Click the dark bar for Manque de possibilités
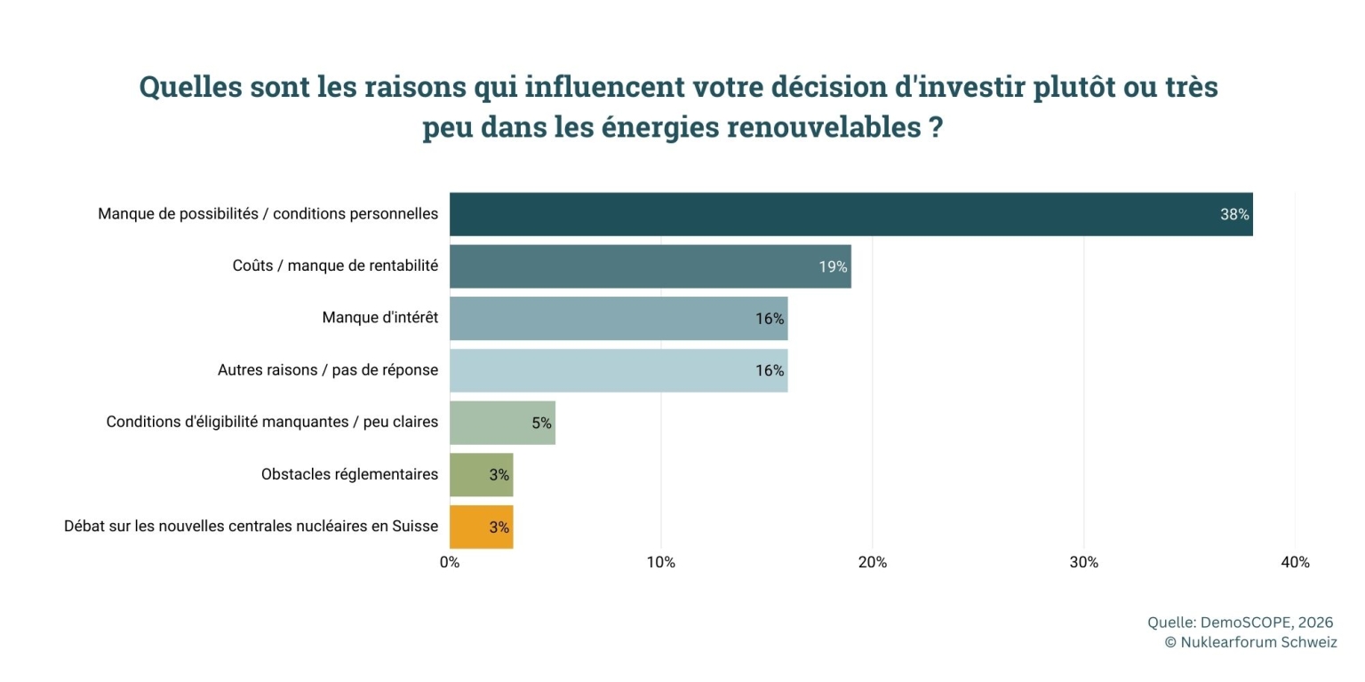point(850,214)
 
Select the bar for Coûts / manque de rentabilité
point(650,266)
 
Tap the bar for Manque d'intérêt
point(618,318)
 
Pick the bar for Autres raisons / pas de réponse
point(618,370)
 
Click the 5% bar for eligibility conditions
point(502,423)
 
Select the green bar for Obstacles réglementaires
point(481,474)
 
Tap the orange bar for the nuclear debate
point(481,527)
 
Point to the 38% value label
point(1234,214)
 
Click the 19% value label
point(833,266)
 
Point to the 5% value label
point(541,423)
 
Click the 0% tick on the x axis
point(450,562)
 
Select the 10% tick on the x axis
point(661,562)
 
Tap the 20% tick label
point(873,562)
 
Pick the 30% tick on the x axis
point(1083,562)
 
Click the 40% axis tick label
point(1295,562)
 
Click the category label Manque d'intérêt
point(380,318)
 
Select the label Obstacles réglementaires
point(349,474)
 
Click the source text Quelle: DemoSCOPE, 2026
point(1240,623)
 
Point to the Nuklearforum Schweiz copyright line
point(1250,642)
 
